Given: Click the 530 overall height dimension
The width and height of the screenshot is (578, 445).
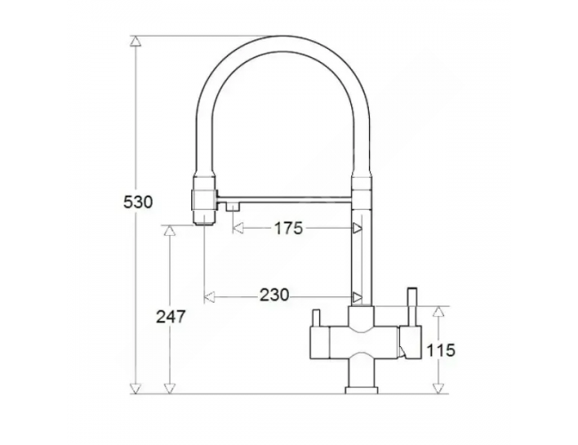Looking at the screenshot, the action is pos(138,202).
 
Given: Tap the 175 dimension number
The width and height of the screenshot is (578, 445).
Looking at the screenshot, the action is pos(288,229).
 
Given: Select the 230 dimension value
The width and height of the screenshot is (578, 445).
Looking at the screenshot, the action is pos(275,295).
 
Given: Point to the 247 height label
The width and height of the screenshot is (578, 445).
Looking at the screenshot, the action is pos(171,316).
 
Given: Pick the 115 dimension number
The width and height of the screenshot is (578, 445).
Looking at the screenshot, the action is pos(441,350).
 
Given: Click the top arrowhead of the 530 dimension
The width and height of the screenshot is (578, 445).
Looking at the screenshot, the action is pos(136,41).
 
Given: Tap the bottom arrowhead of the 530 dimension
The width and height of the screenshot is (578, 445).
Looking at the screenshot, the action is pos(136,389).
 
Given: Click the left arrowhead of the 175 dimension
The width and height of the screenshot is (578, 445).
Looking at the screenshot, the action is pos(238,229).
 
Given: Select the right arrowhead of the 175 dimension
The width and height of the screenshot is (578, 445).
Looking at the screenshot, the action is pos(357,229).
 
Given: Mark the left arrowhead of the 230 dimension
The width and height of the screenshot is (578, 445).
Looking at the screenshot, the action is pos(209,296).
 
